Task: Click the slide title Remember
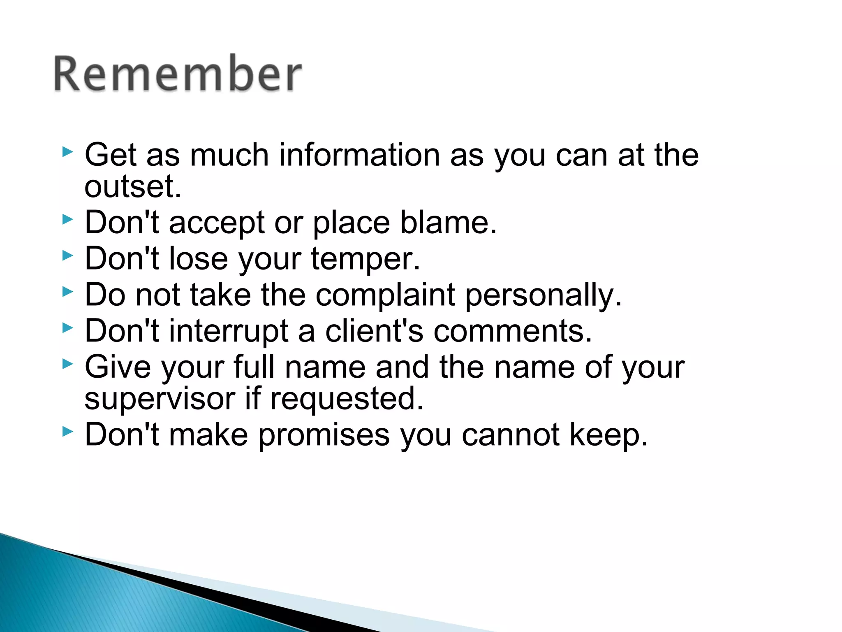point(178,74)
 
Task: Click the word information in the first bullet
point(359,155)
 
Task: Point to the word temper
point(365,259)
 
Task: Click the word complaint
point(385,295)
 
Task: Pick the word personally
point(544,295)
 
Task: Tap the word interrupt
point(229,331)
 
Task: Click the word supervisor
point(160,399)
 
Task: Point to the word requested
point(346,399)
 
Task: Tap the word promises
point(324,435)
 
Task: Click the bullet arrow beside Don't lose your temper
point(67,256)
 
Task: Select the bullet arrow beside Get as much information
point(67,152)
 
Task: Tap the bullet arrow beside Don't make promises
point(67,432)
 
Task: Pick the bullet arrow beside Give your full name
point(67,364)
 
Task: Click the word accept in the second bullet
point(216,223)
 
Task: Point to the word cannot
point(510,435)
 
